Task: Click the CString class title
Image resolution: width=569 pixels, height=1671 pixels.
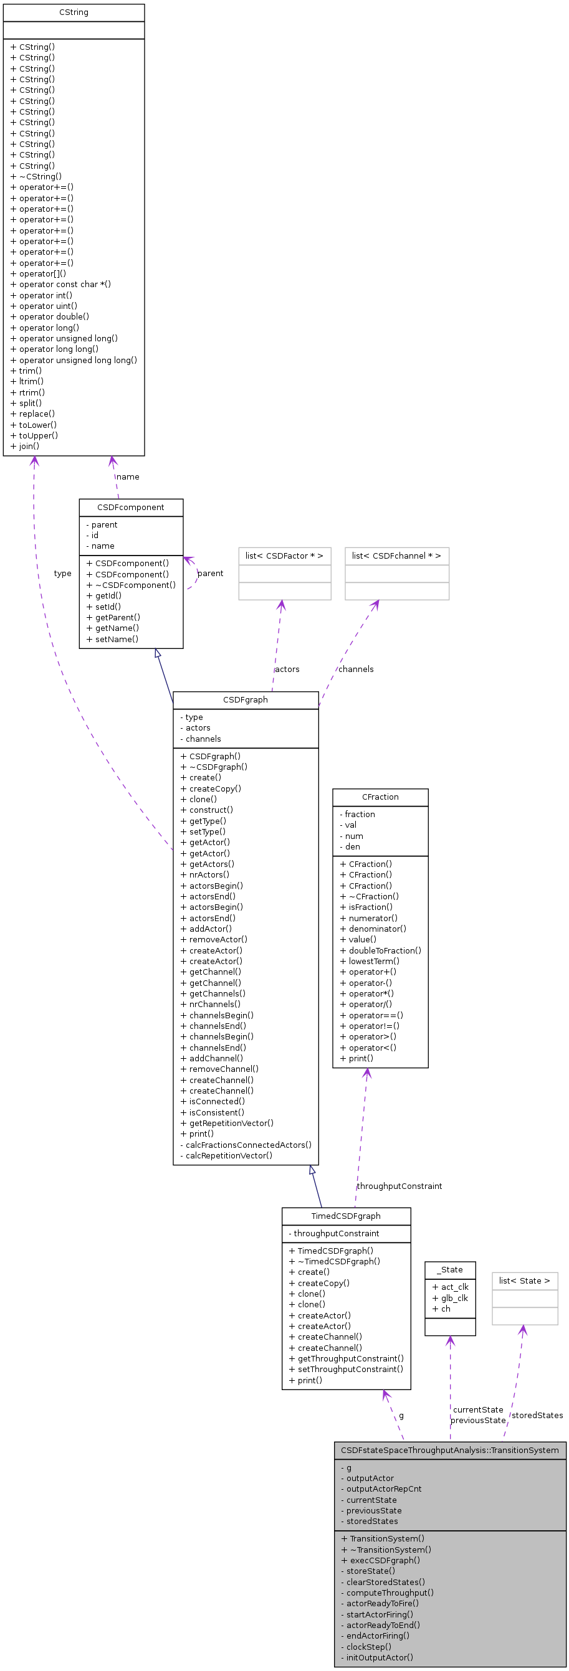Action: click(x=74, y=12)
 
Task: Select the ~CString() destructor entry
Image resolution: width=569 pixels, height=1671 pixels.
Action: click(x=36, y=176)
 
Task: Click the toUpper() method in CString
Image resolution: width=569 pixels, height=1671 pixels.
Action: click(x=34, y=435)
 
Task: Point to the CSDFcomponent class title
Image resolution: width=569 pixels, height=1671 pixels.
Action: click(x=130, y=507)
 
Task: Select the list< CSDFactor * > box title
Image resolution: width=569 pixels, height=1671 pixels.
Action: click(x=284, y=556)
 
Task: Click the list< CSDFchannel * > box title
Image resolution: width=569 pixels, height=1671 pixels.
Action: click(x=396, y=556)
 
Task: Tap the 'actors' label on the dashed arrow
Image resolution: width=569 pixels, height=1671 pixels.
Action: click(x=287, y=669)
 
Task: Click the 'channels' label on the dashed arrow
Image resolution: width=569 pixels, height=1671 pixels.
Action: click(x=355, y=669)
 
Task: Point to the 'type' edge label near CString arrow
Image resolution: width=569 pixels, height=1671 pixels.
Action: click(x=63, y=574)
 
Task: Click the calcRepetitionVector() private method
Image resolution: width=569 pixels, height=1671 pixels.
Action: click(x=226, y=1155)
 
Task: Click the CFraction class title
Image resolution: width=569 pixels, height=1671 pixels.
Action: click(x=380, y=797)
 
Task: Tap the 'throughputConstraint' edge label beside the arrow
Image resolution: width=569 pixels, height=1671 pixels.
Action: click(x=399, y=1186)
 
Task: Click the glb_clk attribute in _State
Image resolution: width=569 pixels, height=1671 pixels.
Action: click(x=450, y=1297)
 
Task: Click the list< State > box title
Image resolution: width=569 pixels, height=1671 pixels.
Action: click(x=524, y=1280)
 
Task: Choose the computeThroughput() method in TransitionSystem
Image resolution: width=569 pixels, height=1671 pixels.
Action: click(x=388, y=1593)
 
